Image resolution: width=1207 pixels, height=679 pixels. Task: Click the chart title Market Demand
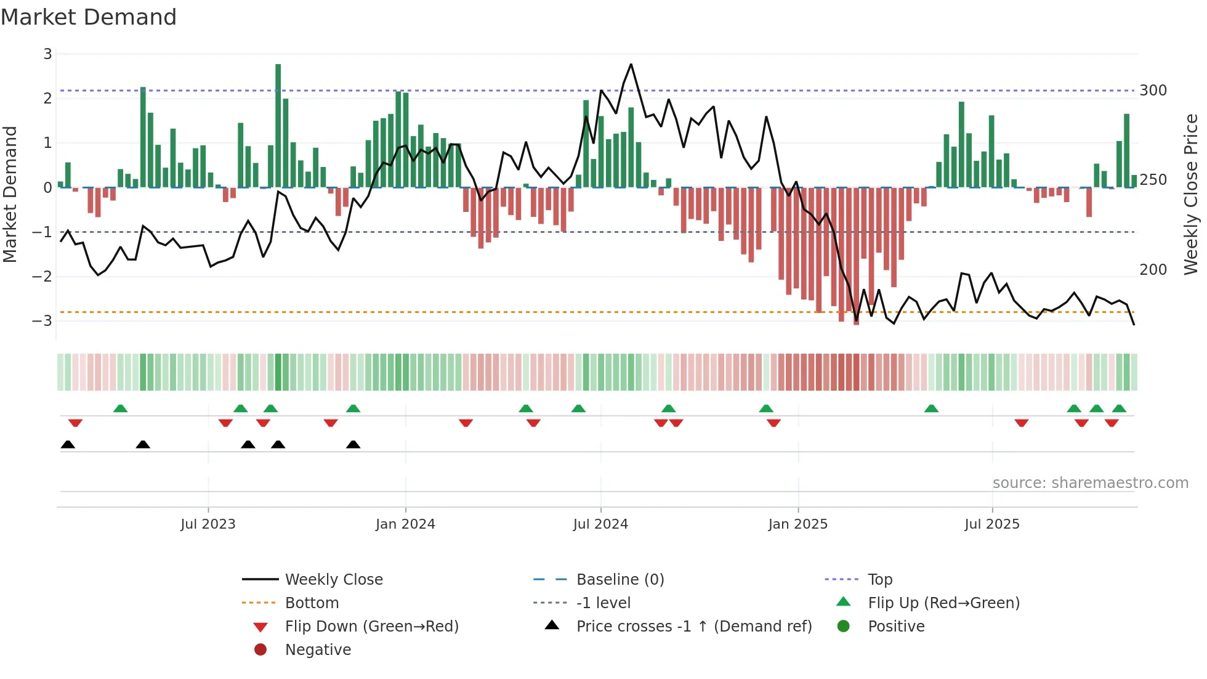click(x=89, y=17)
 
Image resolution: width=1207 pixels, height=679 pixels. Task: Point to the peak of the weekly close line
click(x=631, y=65)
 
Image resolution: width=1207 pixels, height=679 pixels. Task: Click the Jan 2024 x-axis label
click(x=405, y=524)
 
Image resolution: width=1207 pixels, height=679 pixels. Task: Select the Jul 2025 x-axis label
click(x=992, y=524)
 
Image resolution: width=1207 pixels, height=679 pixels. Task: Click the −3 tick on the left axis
click(x=42, y=321)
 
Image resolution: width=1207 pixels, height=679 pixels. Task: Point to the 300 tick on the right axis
click(x=1153, y=91)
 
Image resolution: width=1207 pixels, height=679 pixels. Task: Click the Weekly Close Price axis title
click(x=1191, y=194)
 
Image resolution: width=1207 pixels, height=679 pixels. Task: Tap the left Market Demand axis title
click(x=10, y=194)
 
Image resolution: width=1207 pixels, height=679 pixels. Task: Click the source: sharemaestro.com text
click(x=1090, y=483)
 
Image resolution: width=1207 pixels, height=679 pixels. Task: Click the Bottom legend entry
click(x=312, y=603)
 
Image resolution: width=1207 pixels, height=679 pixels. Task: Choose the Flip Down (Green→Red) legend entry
click(x=371, y=627)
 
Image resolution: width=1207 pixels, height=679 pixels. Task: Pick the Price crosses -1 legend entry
click(x=694, y=627)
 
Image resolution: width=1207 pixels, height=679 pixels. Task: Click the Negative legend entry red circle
click(x=260, y=650)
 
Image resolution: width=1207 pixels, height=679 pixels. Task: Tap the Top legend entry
click(x=880, y=580)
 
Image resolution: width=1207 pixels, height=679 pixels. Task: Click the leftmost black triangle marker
click(x=68, y=445)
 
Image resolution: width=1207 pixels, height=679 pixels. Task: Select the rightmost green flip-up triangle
click(x=1119, y=409)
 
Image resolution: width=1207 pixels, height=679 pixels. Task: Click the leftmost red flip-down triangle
click(x=75, y=423)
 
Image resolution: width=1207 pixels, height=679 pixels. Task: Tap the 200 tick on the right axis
click(x=1153, y=270)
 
